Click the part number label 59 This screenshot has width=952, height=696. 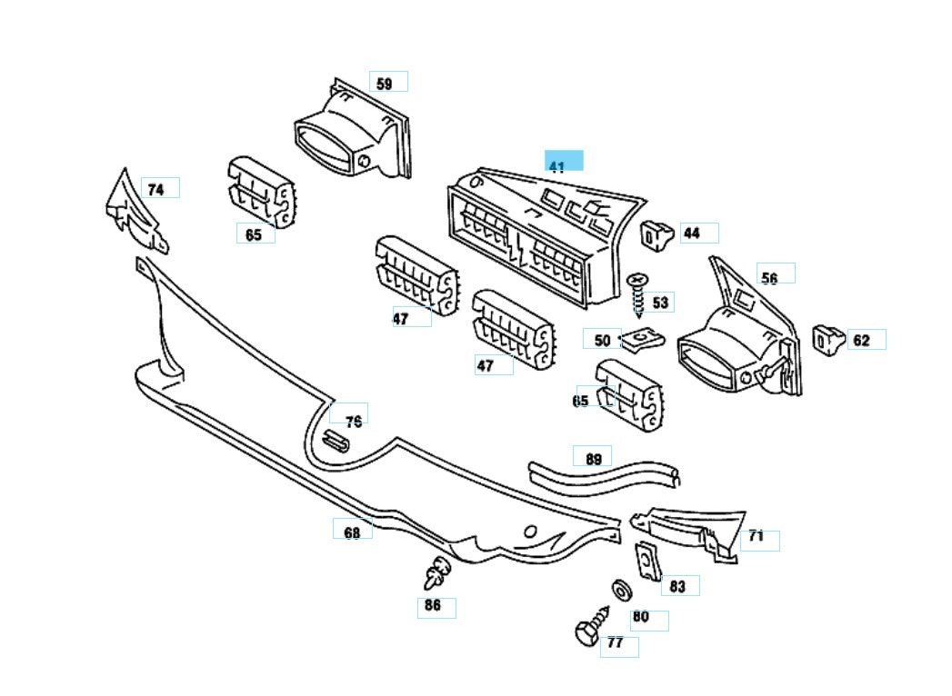386,84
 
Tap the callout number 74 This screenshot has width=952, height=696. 157,189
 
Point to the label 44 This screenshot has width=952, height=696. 693,234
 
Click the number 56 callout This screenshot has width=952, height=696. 771,276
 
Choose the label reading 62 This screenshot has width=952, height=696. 862,341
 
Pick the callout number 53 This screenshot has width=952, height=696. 661,303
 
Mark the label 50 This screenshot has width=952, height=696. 602,341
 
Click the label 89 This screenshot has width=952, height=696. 593,459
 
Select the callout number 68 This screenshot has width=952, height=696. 352,532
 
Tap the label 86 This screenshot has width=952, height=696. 434,606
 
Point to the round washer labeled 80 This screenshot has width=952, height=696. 623,590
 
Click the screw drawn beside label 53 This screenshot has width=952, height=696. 637,292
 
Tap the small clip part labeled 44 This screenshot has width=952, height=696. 656,233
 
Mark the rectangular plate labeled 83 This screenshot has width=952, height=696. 647,561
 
